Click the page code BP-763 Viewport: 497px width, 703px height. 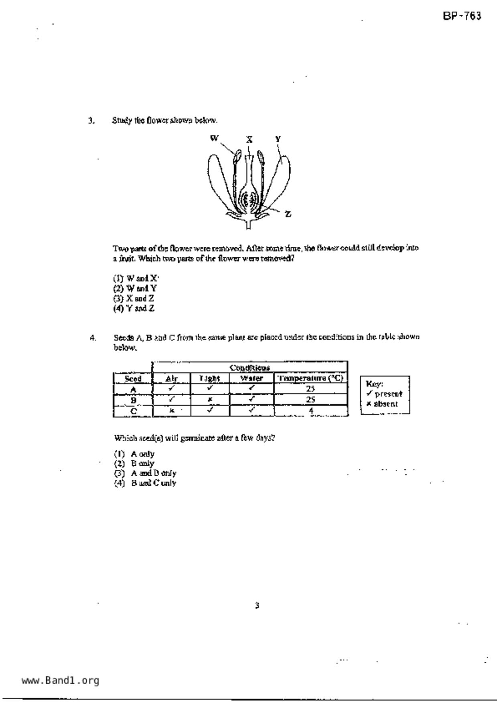(462, 16)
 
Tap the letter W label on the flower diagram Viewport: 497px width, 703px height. (215, 138)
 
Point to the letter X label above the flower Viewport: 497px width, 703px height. (250, 139)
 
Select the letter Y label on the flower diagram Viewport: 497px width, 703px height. (278, 139)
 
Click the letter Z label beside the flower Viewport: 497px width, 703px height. (288, 214)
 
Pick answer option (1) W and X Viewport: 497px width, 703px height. (136, 278)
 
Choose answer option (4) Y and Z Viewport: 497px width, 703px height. (134, 309)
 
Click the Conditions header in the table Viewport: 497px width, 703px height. (250, 368)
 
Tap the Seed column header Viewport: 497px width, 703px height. (133, 378)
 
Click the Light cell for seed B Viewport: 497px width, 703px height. (210, 400)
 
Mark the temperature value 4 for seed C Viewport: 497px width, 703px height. (311, 410)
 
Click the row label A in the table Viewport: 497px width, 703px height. (133, 389)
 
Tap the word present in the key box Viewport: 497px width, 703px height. (388, 394)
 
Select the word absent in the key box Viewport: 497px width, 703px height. (385, 404)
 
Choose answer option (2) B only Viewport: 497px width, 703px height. (134, 463)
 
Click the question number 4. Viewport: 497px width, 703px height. (93, 337)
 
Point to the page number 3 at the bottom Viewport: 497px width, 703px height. (257, 605)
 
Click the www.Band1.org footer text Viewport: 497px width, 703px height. (60, 681)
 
